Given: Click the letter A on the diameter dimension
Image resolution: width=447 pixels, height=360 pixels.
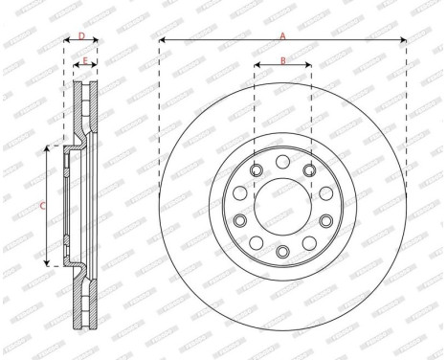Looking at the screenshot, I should (282, 34).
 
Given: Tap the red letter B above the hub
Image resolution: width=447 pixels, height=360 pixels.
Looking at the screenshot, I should (282, 61).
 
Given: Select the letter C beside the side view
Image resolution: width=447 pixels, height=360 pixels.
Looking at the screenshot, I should (41, 205).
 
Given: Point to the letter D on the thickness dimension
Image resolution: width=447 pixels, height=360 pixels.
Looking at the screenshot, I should (81, 35).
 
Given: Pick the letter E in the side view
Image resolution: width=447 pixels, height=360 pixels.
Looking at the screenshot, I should (85, 61).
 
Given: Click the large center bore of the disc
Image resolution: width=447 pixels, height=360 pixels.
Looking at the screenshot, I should (282, 204).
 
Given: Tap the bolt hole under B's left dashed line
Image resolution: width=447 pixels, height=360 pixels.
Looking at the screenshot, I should (255, 170).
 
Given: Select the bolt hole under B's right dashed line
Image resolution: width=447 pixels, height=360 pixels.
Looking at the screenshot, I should (310, 170).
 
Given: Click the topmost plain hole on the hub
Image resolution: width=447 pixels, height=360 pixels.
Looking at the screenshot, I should (282, 158).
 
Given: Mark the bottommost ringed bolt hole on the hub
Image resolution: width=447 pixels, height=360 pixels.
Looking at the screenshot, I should (282, 251).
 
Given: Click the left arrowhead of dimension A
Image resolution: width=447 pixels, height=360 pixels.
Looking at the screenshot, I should (161, 40).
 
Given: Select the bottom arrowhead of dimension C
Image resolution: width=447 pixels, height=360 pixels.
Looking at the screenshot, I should (49, 262).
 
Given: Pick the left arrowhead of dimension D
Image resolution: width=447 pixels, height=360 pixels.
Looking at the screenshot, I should (65, 40).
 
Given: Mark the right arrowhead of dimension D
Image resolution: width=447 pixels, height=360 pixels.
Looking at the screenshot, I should (98, 40).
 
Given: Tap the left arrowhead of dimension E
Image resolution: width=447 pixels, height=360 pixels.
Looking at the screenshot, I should (76, 67).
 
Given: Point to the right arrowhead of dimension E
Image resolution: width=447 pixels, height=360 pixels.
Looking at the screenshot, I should (97, 67).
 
